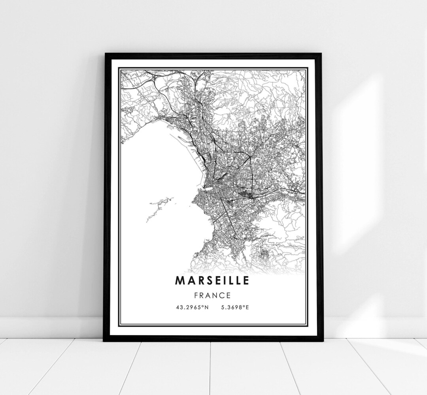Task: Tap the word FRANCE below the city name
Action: (212, 295)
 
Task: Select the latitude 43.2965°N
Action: (193, 307)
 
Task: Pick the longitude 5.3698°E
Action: (233, 307)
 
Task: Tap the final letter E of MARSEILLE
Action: (246, 280)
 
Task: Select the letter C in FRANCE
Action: (222, 295)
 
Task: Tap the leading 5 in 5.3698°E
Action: (219, 307)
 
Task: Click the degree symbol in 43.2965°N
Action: (203, 306)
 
